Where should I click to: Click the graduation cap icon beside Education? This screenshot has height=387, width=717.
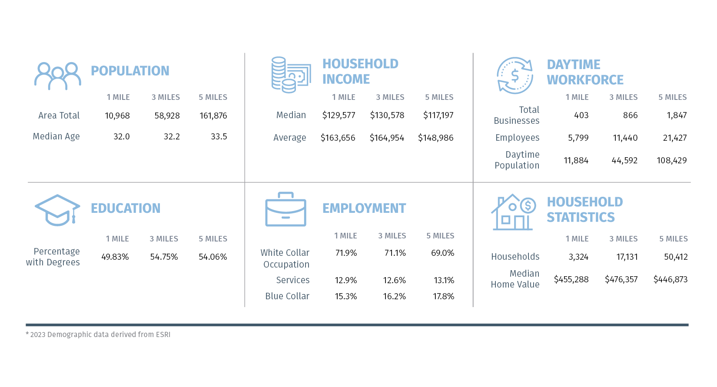pos(57,210)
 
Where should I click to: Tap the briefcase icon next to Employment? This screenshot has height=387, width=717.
pos(285,209)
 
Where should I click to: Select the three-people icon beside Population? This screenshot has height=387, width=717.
pos(58,76)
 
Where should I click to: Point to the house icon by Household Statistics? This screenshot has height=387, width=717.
pos(513,212)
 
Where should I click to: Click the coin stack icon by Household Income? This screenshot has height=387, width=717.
pos(291,75)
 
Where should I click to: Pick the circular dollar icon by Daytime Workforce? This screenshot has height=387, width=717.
pos(515,76)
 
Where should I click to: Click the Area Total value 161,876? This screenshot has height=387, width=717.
pos(213,116)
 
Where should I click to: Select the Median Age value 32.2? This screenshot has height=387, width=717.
pos(172,137)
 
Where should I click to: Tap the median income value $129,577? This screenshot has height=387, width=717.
pos(339,116)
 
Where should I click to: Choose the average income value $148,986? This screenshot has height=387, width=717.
pos(435,138)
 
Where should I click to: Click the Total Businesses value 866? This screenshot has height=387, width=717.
pos(630,116)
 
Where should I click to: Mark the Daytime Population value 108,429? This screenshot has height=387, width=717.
pos(671,161)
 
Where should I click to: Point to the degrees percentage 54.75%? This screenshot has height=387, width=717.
pos(164,257)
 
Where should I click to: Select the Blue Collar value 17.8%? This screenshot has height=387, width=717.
pos(443,297)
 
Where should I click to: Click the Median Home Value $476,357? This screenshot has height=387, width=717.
pos(621,280)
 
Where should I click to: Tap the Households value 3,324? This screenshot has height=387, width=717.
pos(578,257)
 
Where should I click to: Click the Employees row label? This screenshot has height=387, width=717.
pos(517,138)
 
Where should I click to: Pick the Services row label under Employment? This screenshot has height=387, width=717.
pos(293,281)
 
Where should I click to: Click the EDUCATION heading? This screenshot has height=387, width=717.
pos(126,208)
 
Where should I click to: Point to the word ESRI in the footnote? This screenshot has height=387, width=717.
pos(163,335)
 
